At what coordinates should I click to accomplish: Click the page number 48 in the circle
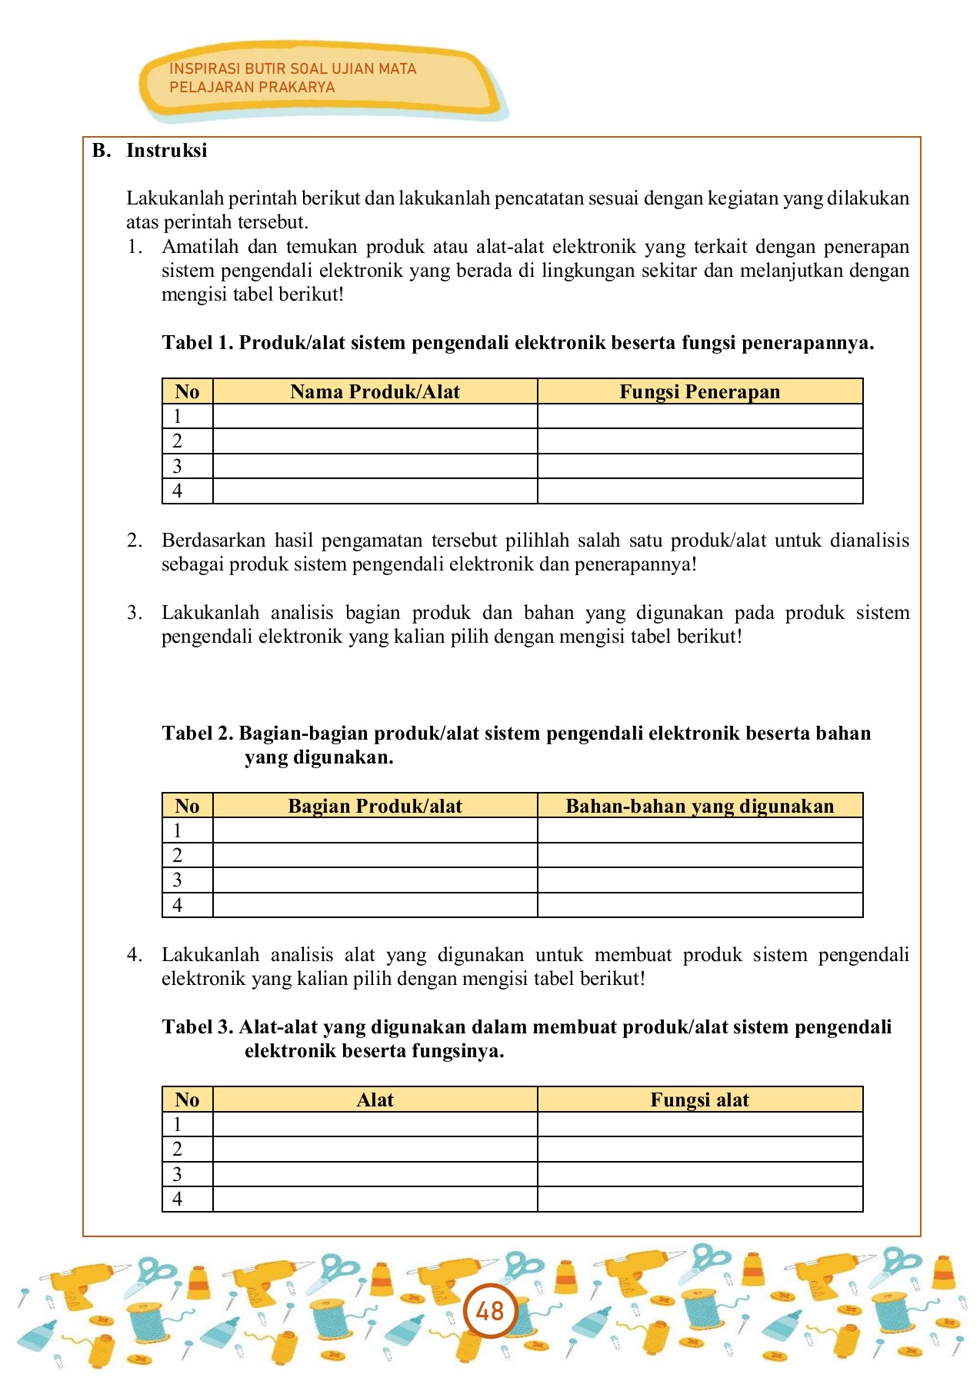point(489,1310)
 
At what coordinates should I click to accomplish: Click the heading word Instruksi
point(167,151)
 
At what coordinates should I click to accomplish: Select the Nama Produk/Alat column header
point(375,392)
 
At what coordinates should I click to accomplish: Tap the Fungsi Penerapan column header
point(699,392)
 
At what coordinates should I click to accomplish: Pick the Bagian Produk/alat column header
point(375,806)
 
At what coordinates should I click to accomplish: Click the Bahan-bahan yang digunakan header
point(699,806)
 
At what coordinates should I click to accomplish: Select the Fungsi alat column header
point(699,1100)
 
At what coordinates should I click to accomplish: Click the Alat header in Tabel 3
point(375,1100)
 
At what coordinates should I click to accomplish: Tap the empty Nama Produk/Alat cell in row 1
point(375,417)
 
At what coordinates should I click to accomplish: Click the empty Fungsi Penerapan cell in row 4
point(699,491)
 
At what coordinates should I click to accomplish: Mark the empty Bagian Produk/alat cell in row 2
point(375,855)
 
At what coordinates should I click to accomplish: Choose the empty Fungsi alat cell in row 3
point(699,1174)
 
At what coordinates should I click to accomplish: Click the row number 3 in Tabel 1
point(178,467)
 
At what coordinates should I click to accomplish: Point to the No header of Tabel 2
point(187,806)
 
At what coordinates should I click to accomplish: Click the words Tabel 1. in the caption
point(197,343)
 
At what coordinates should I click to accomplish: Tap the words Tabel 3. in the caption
point(197,1027)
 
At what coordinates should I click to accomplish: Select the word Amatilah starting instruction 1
point(196,247)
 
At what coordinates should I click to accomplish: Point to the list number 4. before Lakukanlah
point(135,955)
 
